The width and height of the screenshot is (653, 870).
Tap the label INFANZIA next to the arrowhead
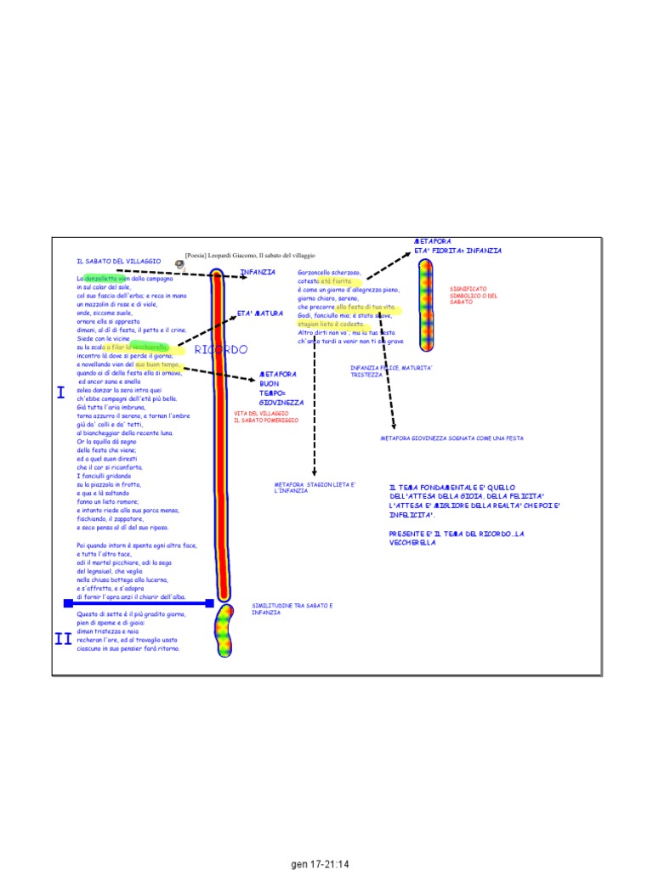pos(258,273)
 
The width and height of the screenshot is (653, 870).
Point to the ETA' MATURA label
pos(259,314)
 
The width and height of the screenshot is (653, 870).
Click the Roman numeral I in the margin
pos(60,393)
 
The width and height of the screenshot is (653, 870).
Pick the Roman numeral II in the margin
pos(63,640)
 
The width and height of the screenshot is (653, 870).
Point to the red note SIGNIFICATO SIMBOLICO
pos(474,295)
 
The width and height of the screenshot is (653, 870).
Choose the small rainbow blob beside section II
pos(224,631)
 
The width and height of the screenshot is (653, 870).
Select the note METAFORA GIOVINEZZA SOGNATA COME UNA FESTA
pos(451,438)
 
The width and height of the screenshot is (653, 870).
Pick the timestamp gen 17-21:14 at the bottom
pos(321,864)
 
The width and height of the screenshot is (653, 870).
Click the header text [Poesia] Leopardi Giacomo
pos(250,255)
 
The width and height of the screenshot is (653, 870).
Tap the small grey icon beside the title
pos(179,264)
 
